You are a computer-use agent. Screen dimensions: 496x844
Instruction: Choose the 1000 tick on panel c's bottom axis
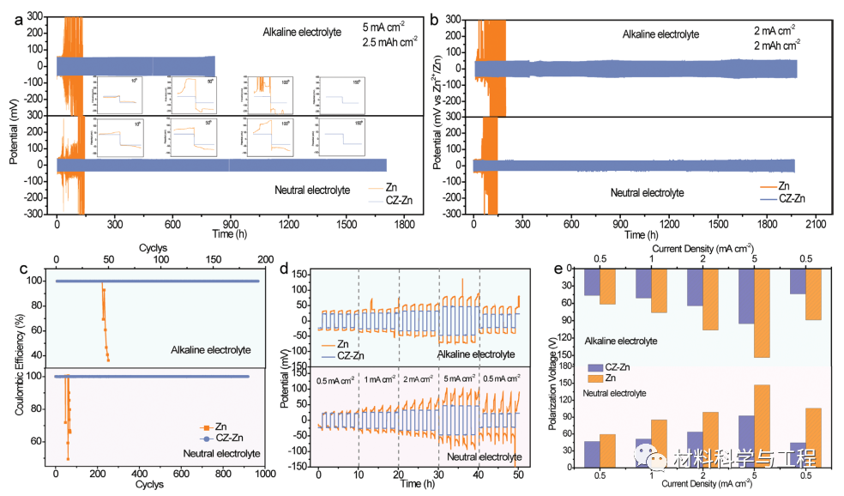tap(264, 473)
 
